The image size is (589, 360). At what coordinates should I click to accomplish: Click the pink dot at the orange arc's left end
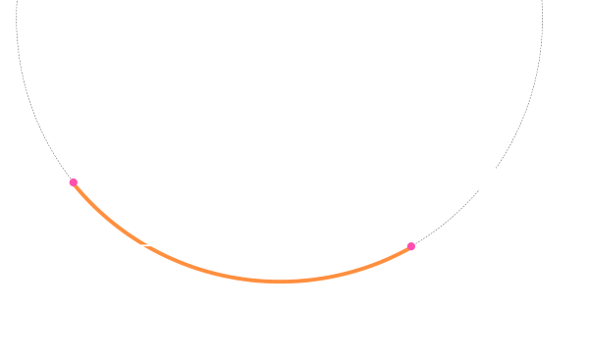(74, 181)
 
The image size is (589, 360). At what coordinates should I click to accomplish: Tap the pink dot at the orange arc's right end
(411, 246)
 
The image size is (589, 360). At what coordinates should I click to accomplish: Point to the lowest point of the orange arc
(281, 282)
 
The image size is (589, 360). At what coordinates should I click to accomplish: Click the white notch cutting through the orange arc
(146, 244)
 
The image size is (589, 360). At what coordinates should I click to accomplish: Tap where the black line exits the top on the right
(542, 3)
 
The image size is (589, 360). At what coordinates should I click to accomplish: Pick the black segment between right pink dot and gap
(448, 219)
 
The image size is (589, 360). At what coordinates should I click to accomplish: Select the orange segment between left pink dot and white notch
(106, 216)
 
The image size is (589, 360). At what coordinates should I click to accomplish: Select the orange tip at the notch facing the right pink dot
(151, 247)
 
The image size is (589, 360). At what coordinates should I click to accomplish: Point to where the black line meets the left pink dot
(71, 178)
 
